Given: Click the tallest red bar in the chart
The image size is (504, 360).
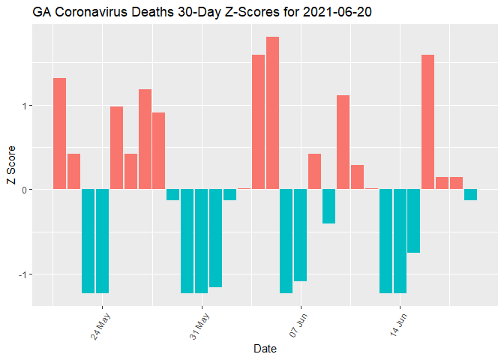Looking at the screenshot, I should pos(272,112).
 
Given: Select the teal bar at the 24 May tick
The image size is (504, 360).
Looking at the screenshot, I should pos(102,241).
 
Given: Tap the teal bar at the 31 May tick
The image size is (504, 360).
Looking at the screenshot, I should pos(201,241).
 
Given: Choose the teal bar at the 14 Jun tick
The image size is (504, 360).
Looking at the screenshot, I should pos(400,241).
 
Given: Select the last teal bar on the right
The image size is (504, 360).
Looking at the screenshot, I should pos(470,195).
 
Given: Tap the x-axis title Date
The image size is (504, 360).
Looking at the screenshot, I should pos(265,349).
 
